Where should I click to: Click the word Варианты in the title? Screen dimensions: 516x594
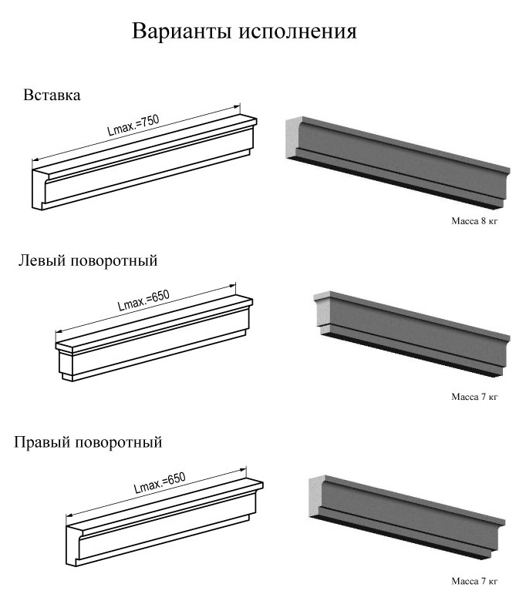[181, 31]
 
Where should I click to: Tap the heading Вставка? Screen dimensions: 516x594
[52, 95]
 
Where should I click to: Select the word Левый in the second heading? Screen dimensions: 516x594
[41, 260]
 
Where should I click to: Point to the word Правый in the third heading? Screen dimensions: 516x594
[42, 441]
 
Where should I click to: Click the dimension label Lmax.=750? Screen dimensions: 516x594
[133, 125]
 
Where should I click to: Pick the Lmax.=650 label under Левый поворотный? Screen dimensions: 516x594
[143, 300]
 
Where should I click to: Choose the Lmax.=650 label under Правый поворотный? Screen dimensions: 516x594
[160, 482]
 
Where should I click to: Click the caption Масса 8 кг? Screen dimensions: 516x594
[474, 221]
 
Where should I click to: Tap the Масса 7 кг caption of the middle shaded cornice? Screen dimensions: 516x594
[474, 397]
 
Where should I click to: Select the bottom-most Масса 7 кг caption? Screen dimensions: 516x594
[474, 581]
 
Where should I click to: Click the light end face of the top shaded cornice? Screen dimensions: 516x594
[292, 138]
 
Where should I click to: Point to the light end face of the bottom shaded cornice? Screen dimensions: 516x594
[315, 496]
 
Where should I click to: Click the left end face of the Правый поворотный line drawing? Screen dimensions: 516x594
[73, 545]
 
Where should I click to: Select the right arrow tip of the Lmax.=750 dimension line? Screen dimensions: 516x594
[240, 107]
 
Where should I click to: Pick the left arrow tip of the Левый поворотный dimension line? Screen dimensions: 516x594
[56, 332]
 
